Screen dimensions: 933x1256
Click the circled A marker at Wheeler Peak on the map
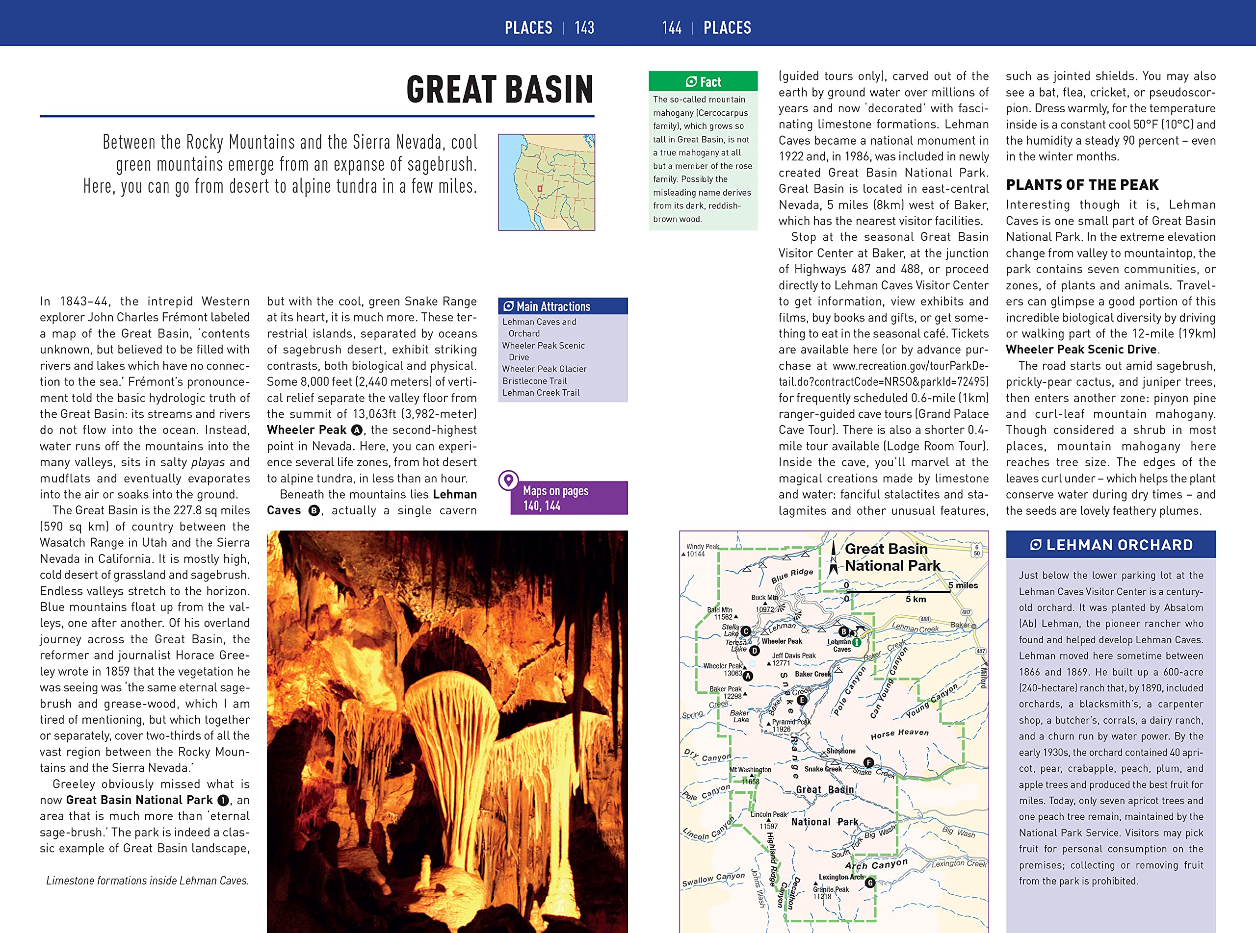pos(748,676)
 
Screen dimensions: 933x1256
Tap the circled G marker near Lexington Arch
pos(870,882)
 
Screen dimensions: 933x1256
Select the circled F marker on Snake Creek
pos(868,763)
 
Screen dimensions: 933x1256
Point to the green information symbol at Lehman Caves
pos(857,642)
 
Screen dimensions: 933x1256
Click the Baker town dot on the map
pos(973,626)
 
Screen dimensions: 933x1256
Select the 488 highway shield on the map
pos(924,620)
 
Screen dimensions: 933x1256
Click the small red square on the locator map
pos(540,189)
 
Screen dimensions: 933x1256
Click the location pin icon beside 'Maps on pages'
pos(508,480)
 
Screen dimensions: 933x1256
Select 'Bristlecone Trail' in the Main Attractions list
pos(534,380)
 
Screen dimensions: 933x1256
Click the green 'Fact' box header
pos(703,82)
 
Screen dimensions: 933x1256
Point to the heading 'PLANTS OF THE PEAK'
pos(1081,185)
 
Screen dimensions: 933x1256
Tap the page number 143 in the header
pos(584,27)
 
